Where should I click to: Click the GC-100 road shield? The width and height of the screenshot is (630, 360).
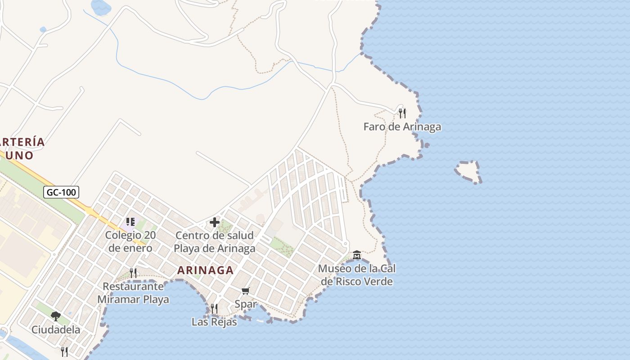tap(62, 193)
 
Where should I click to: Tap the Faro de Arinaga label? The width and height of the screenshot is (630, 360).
tap(402, 127)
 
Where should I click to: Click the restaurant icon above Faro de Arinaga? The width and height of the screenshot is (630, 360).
tap(402, 113)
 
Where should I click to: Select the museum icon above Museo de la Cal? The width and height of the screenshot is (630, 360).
tap(357, 255)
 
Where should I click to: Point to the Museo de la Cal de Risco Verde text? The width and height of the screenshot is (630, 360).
tap(356, 275)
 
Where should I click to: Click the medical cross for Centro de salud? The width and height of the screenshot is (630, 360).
tap(215, 222)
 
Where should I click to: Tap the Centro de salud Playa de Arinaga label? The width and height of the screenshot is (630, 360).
tap(214, 242)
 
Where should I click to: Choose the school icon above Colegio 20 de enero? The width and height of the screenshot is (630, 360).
tap(130, 222)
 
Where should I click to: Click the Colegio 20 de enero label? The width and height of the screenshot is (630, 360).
tap(130, 242)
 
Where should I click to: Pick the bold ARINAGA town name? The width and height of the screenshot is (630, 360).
tap(205, 270)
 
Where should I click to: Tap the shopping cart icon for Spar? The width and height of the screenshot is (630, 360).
tap(245, 291)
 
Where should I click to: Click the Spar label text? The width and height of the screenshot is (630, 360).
tap(246, 304)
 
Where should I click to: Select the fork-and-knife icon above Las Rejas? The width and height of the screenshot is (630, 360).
tap(214, 308)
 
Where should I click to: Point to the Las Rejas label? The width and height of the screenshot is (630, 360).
tap(214, 322)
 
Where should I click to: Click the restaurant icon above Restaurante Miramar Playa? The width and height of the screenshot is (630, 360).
tap(133, 273)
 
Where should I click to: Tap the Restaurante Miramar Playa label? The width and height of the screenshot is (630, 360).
tap(133, 293)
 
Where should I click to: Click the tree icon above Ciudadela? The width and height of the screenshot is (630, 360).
tap(56, 316)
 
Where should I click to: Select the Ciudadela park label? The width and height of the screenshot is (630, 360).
tap(56, 330)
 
